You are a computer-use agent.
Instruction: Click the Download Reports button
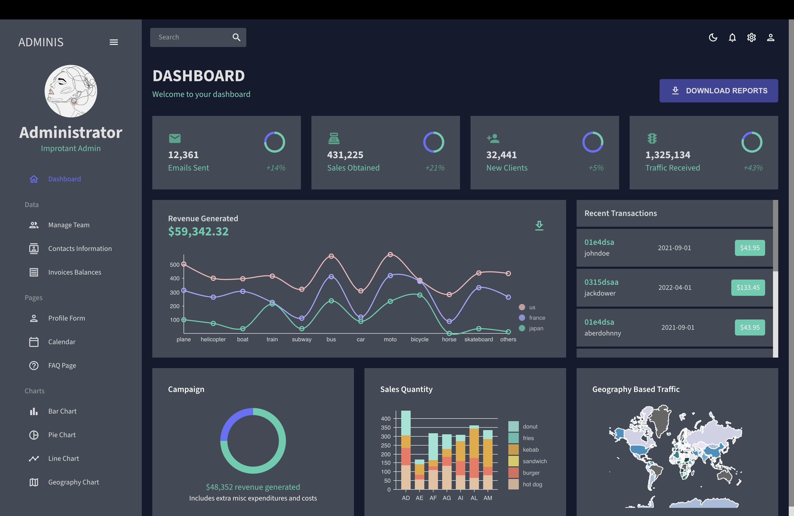point(718,91)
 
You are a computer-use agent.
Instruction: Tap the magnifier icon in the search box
point(236,37)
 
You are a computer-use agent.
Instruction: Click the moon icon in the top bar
point(713,37)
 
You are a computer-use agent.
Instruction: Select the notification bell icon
point(732,37)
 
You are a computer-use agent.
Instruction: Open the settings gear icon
point(751,37)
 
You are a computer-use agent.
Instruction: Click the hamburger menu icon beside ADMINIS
point(114,42)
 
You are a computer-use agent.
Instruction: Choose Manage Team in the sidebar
point(69,225)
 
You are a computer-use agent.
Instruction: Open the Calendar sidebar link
point(62,342)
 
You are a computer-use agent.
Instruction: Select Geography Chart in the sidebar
point(74,482)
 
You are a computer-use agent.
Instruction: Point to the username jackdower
point(599,293)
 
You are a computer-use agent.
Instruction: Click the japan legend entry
point(535,328)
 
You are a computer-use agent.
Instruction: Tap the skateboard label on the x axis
point(478,339)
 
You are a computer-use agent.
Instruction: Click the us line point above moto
point(390,255)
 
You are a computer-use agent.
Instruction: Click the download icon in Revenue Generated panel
point(539,226)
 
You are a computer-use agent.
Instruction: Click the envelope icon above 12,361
point(175,138)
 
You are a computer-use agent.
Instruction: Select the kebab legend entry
point(530,450)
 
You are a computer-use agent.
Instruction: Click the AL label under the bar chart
point(474,498)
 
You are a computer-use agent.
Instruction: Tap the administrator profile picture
point(71,91)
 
